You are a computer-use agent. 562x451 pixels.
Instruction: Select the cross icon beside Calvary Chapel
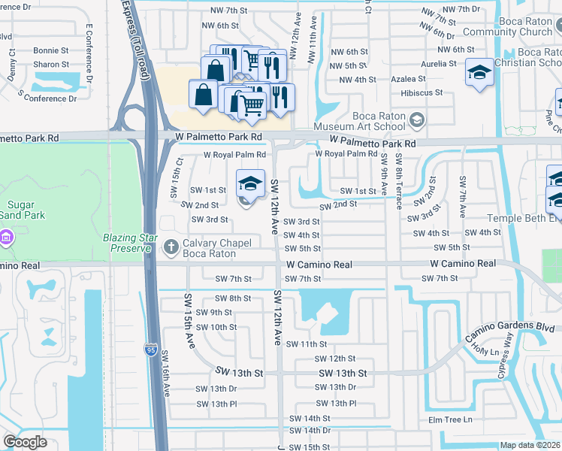172,246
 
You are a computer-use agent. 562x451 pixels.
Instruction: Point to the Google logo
25,442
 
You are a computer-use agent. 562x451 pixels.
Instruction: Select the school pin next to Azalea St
479,73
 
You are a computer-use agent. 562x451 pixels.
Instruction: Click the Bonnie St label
50,50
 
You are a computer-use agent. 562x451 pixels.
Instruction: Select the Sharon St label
50,65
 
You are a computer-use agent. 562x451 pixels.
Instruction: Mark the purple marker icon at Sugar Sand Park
7,238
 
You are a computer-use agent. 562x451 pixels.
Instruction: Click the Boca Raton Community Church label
507,26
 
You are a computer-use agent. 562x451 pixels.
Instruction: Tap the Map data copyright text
530,445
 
